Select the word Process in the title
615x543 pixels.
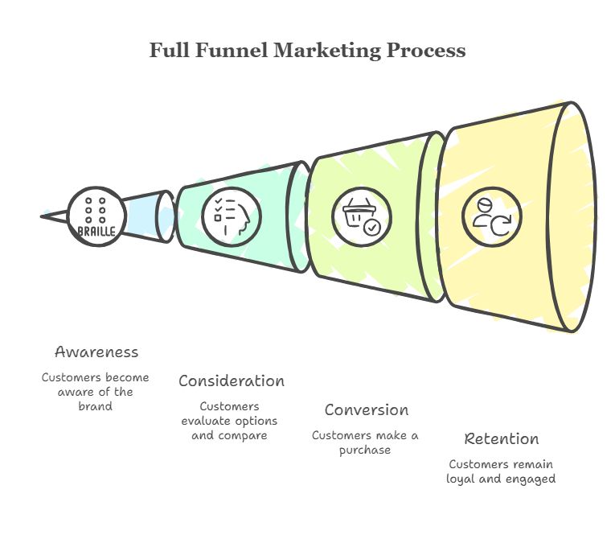point(425,50)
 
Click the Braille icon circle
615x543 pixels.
point(96,216)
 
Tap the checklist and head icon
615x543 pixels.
point(231,216)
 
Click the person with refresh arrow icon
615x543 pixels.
point(491,216)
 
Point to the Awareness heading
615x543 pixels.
point(96,352)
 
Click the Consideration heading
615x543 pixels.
point(232,381)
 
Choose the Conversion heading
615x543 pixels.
point(366,409)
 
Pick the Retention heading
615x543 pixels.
point(501,438)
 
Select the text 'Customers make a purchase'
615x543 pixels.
point(365,442)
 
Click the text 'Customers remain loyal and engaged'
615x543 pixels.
point(501,471)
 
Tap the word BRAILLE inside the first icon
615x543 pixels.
point(96,232)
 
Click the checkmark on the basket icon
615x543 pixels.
point(371,228)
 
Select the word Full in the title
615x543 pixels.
point(167,50)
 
